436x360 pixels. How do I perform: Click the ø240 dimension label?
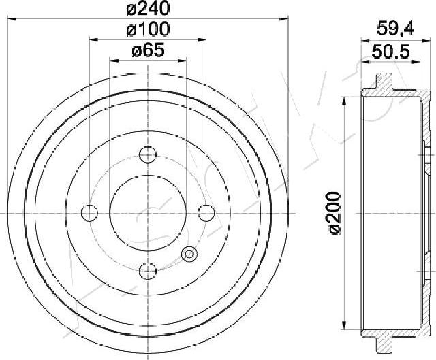click(x=147, y=9)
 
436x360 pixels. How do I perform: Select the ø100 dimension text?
click(x=147, y=29)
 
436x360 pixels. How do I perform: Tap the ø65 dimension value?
click(x=147, y=50)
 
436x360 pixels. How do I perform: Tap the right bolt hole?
click(x=205, y=212)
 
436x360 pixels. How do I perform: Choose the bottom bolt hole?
click(x=147, y=271)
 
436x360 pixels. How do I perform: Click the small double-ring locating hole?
click(x=189, y=255)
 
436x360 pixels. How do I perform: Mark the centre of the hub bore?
click(x=147, y=212)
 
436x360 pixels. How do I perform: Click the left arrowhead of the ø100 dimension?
click(x=93, y=40)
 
